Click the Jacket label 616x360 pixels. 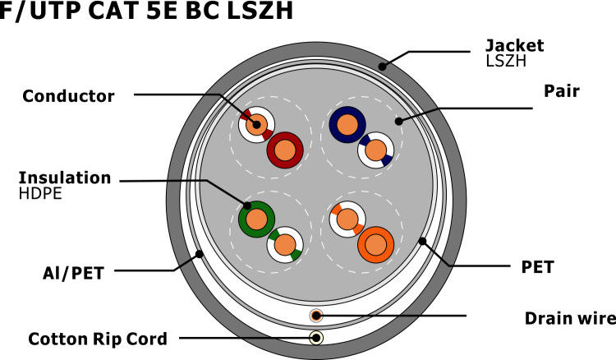tap(514, 45)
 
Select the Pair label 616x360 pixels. tap(563, 92)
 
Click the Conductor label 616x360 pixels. tap(68, 96)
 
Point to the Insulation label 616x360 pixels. tap(64, 178)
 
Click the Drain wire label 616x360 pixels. tap(569, 317)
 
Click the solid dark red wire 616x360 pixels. tap(286, 150)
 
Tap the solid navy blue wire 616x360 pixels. tap(347, 126)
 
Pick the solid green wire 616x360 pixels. tap(256, 219)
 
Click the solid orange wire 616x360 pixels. tap(377, 244)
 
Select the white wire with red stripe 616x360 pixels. tap(256, 126)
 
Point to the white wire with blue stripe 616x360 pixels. tap(376, 150)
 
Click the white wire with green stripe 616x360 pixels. tap(286, 244)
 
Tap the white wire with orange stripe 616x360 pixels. tap(347, 219)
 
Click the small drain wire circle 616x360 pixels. tap(316, 316)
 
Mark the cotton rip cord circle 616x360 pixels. tap(316, 337)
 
